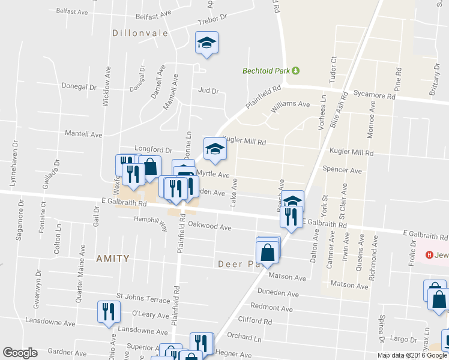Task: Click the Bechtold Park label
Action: click(x=266, y=71)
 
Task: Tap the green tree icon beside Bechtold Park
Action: click(x=296, y=71)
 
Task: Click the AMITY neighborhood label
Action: click(x=113, y=259)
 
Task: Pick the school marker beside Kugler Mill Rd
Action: click(x=214, y=149)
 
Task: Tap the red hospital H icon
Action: click(x=430, y=255)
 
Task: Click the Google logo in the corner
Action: click(x=20, y=353)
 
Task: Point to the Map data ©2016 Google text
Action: click(x=412, y=355)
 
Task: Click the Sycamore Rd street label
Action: click(x=375, y=95)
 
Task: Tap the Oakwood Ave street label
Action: click(x=209, y=227)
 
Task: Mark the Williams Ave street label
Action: click(x=291, y=104)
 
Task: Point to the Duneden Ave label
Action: click(x=278, y=294)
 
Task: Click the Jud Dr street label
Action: click(x=208, y=91)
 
